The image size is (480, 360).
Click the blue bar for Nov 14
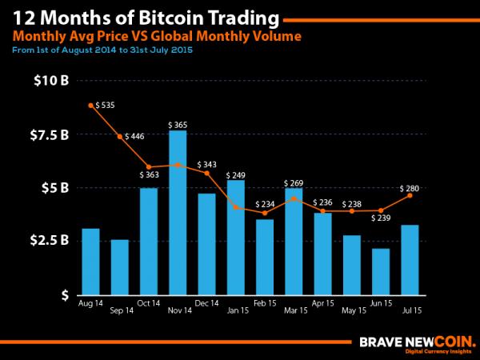coord(178,212)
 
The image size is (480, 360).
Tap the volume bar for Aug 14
coord(91,261)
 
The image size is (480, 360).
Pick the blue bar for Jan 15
coord(235,236)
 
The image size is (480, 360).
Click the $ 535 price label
coord(105,105)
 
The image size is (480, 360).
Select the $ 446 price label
coord(134,137)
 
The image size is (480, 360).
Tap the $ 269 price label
coord(294,183)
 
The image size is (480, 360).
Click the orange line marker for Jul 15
coord(410,195)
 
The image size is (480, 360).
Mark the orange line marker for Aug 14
coord(91,106)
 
